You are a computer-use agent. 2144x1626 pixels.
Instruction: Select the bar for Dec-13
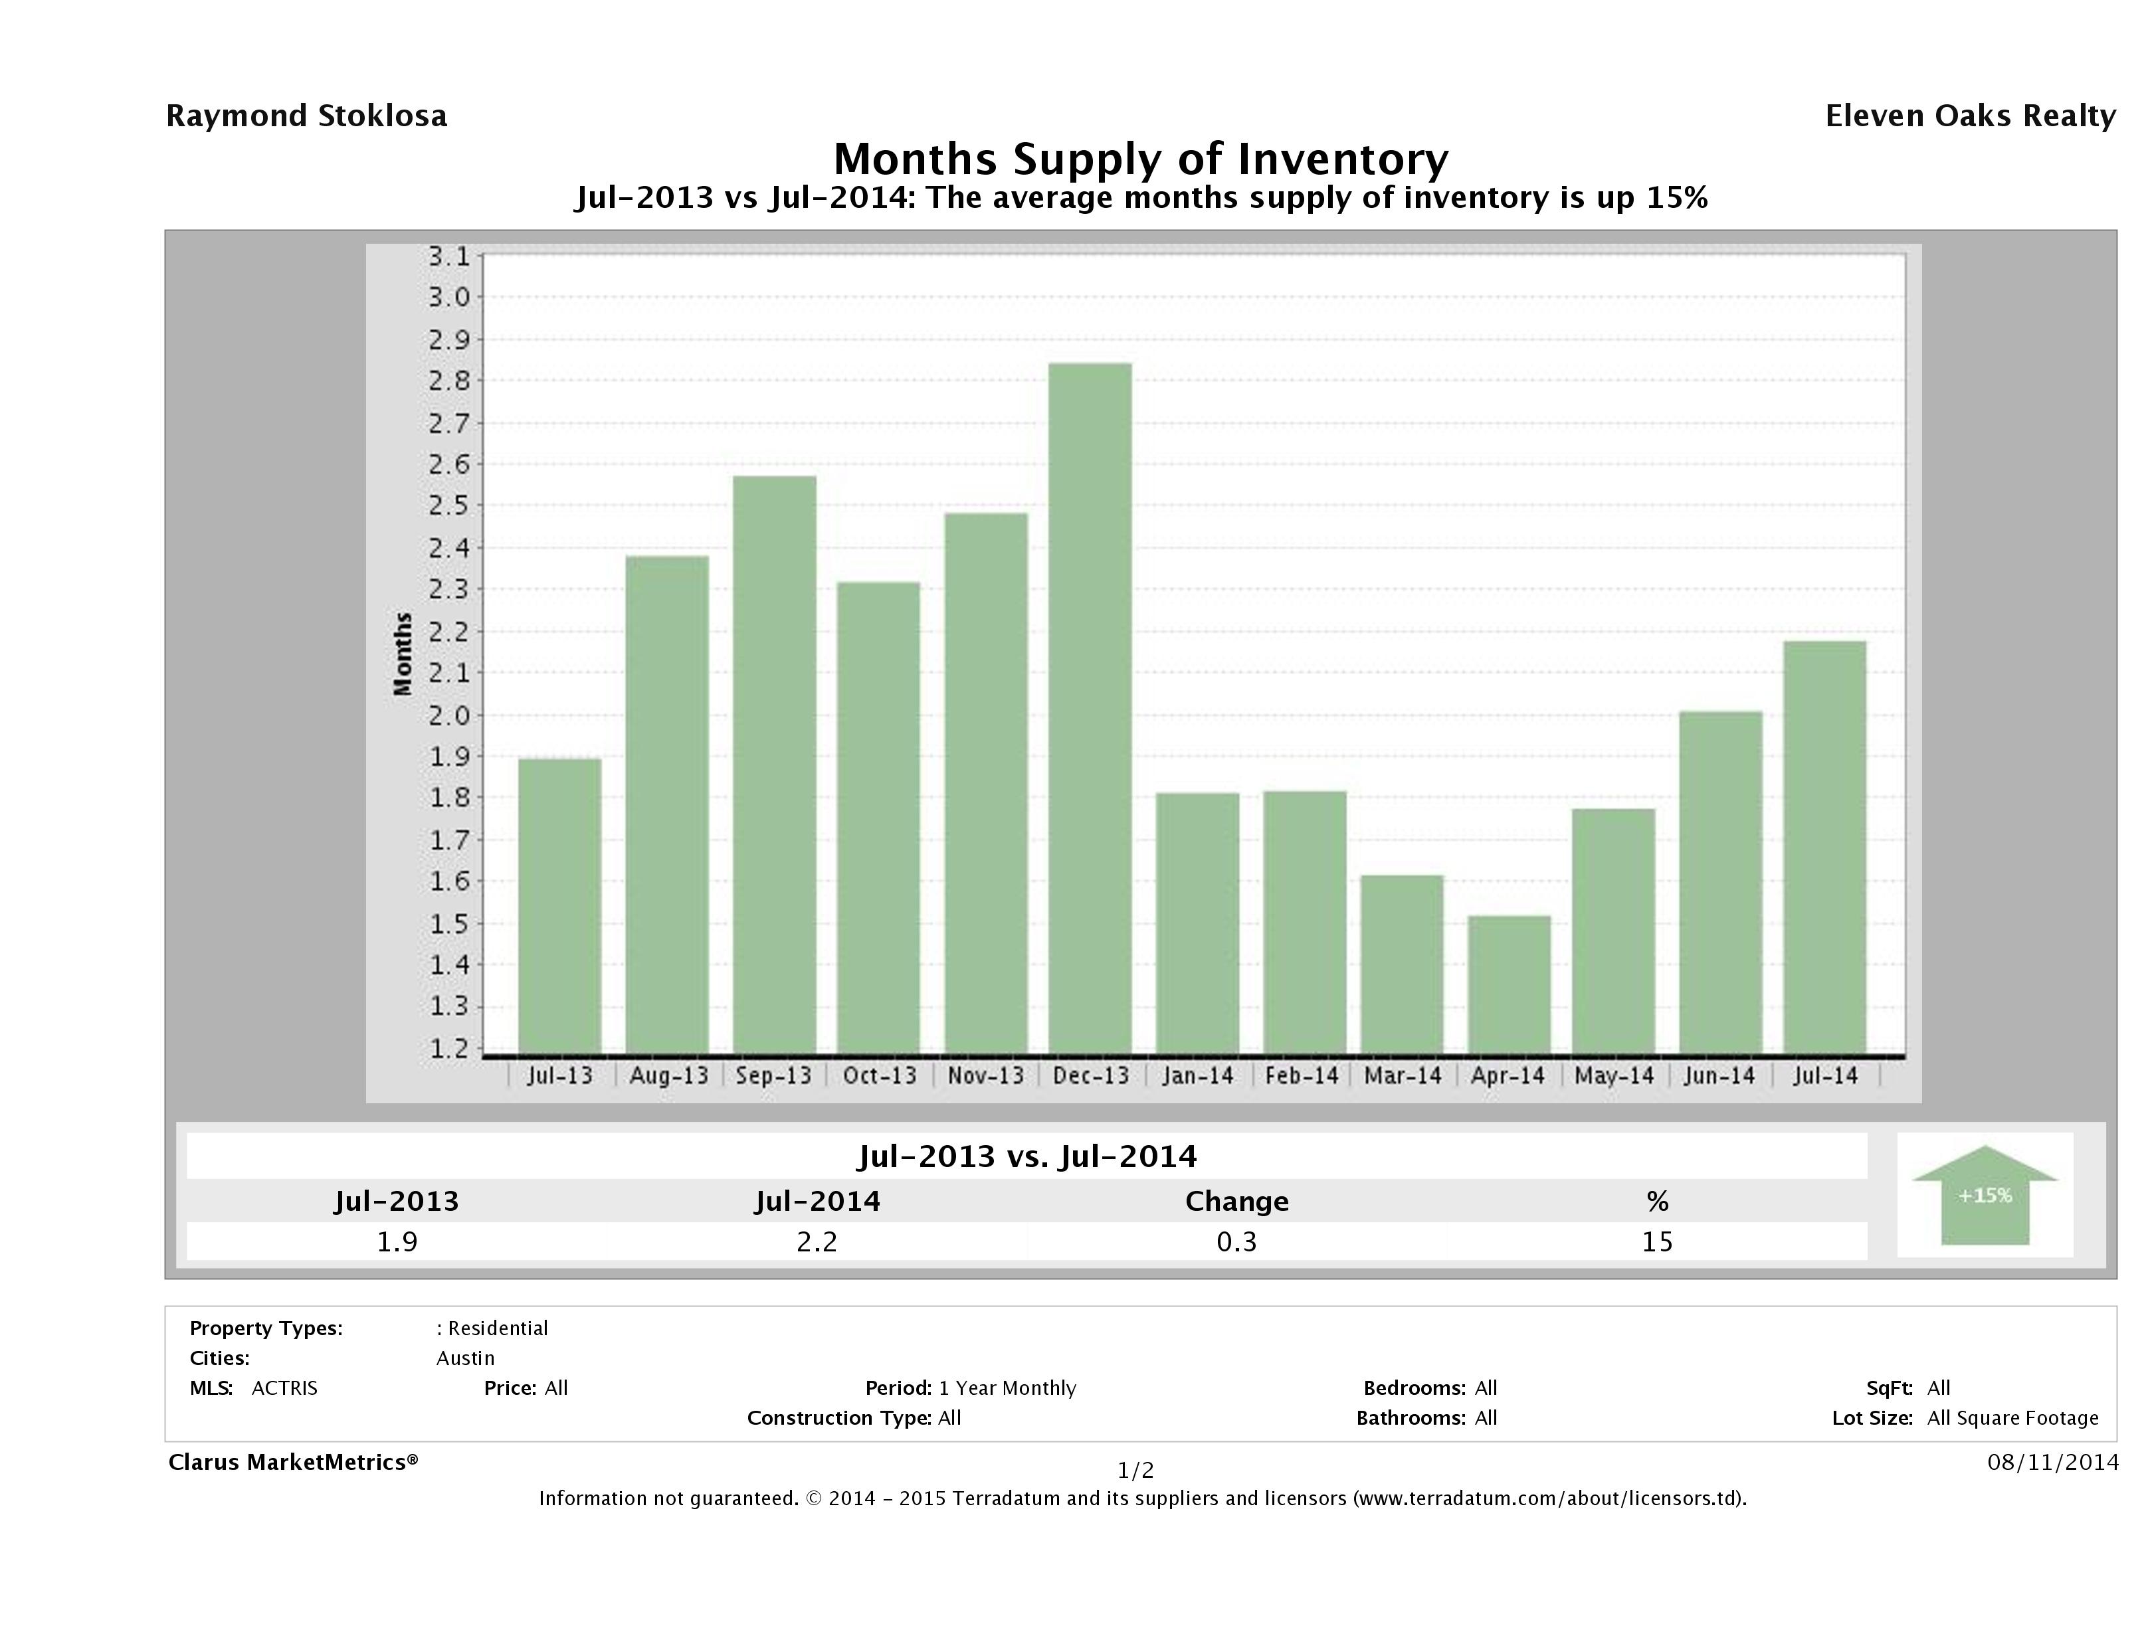coord(1090,707)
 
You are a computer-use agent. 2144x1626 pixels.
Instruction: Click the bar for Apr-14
coord(1508,984)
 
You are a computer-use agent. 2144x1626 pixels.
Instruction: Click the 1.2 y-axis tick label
coord(448,1049)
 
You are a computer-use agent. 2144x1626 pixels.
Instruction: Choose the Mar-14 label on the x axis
coord(1402,1075)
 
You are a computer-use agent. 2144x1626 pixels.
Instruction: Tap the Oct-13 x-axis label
coord(879,1075)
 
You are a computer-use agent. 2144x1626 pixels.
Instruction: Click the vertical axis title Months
coord(403,654)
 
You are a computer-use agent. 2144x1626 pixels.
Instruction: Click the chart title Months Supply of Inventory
coord(1140,159)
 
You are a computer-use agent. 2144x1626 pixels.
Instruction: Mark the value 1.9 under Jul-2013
coord(397,1241)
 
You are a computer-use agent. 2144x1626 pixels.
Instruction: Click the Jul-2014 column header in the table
coord(817,1202)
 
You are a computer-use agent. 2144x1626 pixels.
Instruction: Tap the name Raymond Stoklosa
coord(306,116)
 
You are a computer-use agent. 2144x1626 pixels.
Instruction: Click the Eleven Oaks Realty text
coord(1969,116)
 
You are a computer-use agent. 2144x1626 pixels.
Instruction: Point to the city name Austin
coord(465,1358)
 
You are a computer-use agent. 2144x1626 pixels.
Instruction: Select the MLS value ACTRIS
coord(284,1388)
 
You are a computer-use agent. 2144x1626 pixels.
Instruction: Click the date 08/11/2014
coord(2052,1461)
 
